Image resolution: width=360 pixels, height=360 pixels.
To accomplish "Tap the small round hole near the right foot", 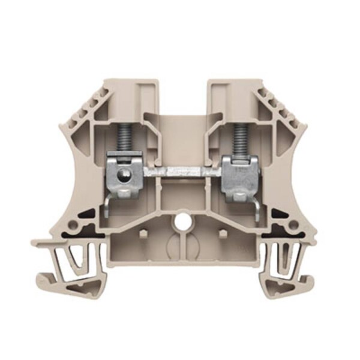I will click(x=293, y=226).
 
